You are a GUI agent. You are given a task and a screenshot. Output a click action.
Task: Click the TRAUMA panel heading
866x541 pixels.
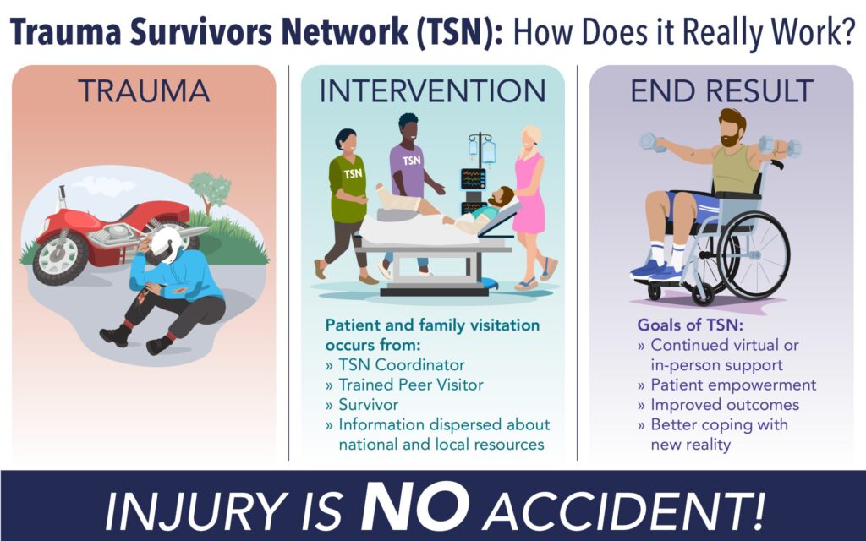pyautogui.click(x=144, y=91)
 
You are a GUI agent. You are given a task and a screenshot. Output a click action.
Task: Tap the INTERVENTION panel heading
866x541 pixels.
pyautogui.click(x=432, y=91)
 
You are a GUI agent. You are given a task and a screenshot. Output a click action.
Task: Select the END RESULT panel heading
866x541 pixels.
pyautogui.click(x=721, y=91)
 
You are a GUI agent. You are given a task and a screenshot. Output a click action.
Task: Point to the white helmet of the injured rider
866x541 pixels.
pyautogui.click(x=166, y=244)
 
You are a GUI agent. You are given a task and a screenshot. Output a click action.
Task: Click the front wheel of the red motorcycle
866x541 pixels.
pyautogui.click(x=60, y=257)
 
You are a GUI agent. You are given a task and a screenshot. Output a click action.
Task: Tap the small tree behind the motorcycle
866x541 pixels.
pyautogui.click(x=211, y=191)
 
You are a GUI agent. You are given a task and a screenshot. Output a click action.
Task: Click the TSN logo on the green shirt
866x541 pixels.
pyautogui.click(x=353, y=173)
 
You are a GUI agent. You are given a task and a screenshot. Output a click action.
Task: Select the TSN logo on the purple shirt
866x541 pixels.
pyautogui.click(x=411, y=161)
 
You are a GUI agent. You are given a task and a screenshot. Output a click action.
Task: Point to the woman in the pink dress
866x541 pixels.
pyautogui.click(x=529, y=207)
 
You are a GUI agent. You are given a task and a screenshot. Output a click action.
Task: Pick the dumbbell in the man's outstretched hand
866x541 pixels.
pyautogui.click(x=652, y=141)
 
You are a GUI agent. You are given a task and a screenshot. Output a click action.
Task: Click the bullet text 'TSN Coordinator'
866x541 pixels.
pyautogui.click(x=402, y=365)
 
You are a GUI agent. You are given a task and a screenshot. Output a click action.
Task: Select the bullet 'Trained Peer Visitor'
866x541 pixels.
pyautogui.click(x=411, y=385)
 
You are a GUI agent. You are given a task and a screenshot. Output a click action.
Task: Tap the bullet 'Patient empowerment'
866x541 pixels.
pyautogui.click(x=733, y=385)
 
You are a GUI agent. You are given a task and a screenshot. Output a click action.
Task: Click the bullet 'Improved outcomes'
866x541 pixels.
pyautogui.click(x=725, y=405)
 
